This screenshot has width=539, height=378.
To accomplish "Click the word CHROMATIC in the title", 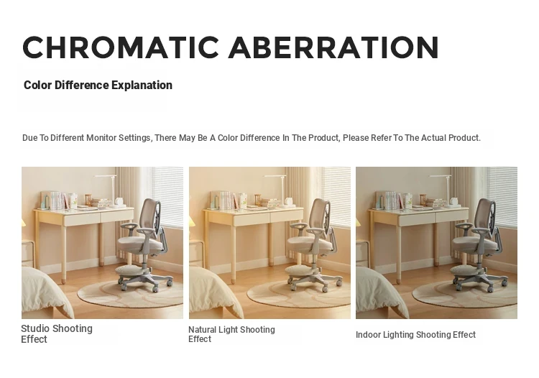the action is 121,47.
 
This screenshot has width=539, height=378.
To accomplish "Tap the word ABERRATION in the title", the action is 333,47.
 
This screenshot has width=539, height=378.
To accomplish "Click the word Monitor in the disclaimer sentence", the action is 101,138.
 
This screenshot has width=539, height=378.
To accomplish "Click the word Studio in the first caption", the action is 35,328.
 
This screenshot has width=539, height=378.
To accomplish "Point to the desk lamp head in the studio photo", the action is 105,176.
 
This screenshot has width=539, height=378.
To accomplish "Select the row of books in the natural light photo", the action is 225,200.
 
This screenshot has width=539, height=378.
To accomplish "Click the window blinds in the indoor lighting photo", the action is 502,197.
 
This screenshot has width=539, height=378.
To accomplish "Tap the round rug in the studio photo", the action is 131,293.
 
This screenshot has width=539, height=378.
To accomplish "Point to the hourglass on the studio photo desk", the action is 88,200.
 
